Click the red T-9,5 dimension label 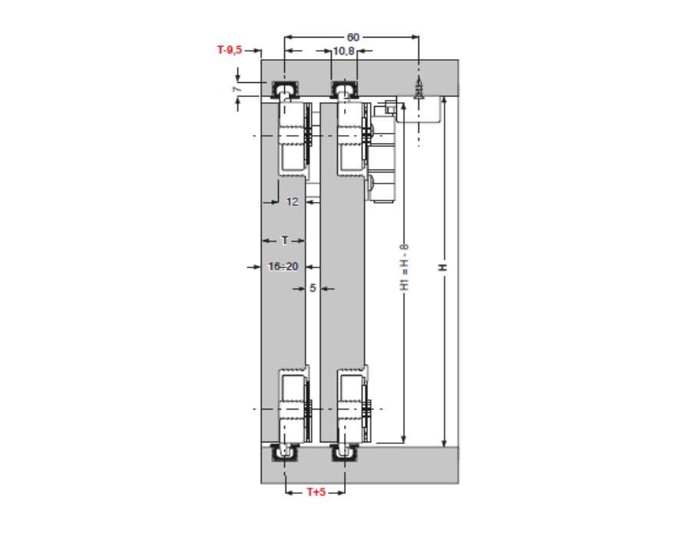click(230, 50)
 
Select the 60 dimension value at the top click(353, 38)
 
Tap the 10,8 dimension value click(344, 51)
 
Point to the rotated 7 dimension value click(237, 89)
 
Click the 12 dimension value click(293, 202)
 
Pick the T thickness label click(285, 240)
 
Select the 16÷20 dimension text click(283, 267)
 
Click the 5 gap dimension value click(312, 289)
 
